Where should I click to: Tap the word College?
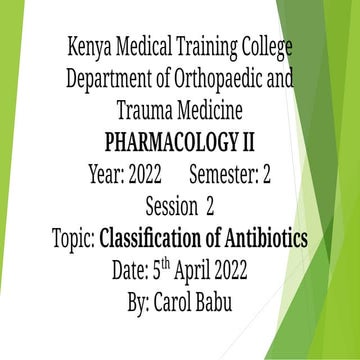coord(267,46)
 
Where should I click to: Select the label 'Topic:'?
coord(74,239)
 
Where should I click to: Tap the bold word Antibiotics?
coord(269,239)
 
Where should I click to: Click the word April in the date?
coord(209,272)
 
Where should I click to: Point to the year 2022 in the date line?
coord(254,272)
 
